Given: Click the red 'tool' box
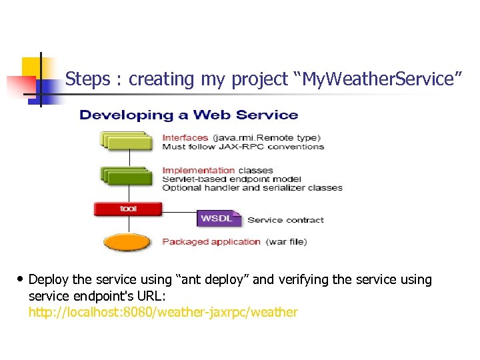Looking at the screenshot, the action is tap(127, 209).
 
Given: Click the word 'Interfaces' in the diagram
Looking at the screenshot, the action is tap(185, 138).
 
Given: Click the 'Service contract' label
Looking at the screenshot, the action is tap(285, 220).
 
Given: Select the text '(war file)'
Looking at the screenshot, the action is tap(287, 241).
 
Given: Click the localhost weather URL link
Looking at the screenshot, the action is tap(163, 312).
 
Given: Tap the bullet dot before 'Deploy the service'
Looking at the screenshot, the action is tap(20, 279).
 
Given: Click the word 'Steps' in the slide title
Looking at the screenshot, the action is tap(87, 79).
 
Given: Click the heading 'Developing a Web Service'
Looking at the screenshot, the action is tap(189, 115).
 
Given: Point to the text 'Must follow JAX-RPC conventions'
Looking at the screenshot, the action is tap(243, 147).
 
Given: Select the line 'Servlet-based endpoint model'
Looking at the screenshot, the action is tap(231, 179).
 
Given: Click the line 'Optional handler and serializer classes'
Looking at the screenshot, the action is tap(252, 187).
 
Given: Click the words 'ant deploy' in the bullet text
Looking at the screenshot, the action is tap(214, 279).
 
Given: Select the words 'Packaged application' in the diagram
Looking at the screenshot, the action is tap(211, 241).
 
